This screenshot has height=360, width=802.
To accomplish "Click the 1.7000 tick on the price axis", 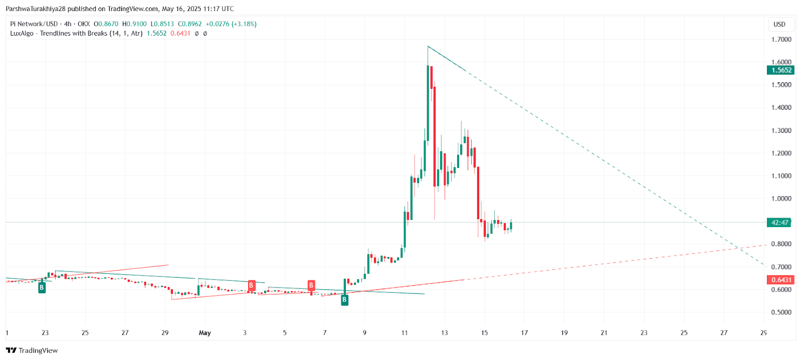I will click(781, 39).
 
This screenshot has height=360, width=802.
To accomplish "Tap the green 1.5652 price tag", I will click(781, 70).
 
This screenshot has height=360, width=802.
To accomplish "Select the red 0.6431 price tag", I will click(781, 280).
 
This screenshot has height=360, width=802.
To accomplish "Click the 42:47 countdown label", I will click(779, 223).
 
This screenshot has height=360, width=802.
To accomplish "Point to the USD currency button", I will click(779, 24).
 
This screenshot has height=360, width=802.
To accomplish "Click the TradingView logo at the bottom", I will click(32, 350).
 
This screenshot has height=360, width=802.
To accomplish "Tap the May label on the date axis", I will click(205, 332).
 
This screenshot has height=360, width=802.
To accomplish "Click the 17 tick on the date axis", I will click(524, 332).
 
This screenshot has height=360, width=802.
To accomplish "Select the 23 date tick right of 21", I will click(644, 332).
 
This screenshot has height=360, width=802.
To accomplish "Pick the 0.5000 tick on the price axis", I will click(781, 312).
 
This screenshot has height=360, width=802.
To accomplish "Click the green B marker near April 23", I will click(42, 288).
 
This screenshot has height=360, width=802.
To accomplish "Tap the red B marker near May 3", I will click(251, 286).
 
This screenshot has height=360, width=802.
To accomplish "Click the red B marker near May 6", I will click(311, 286).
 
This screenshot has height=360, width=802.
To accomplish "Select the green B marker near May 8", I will click(344, 300).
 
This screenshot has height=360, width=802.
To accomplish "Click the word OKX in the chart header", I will click(84, 24).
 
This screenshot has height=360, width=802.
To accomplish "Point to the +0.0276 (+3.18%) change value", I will click(231, 24).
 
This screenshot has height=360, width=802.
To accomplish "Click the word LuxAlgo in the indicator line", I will click(22, 34).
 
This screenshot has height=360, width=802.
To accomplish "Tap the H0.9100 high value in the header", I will click(134, 24).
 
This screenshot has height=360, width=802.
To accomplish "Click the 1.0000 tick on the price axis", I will click(781, 199).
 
